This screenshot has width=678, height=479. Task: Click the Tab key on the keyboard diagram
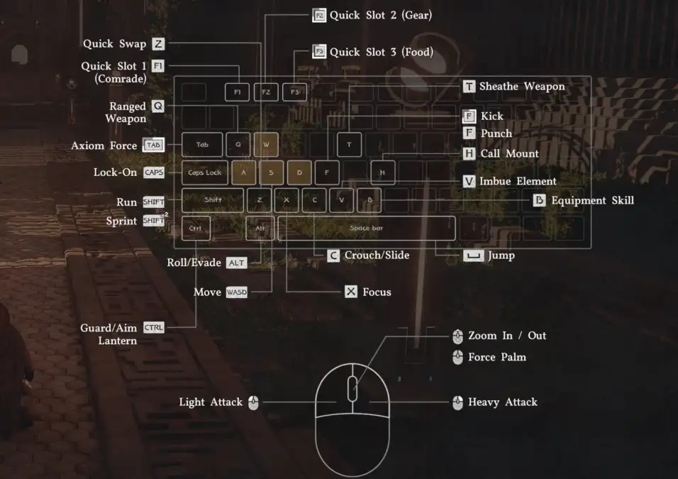[x=202, y=145]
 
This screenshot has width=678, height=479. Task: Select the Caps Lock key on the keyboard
[x=204, y=172]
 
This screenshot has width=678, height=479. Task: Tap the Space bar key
[x=366, y=229]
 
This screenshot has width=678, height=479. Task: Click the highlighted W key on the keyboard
[x=266, y=145]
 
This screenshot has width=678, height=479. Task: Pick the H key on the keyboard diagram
[x=382, y=172]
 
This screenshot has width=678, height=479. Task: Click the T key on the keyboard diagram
[x=349, y=145]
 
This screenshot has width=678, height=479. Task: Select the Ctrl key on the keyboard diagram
[x=196, y=229]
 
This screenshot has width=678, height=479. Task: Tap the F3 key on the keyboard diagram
[x=294, y=92]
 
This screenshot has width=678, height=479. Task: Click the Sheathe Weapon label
[x=522, y=87]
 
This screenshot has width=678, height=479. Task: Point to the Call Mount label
[x=509, y=153]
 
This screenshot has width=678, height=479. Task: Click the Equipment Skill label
[x=592, y=200]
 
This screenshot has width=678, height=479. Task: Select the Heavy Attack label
[x=502, y=402]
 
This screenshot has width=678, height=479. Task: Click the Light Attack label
[x=211, y=402]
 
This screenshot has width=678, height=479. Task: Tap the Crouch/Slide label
[x=377, y=255]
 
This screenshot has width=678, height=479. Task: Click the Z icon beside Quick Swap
[x=158, y=44]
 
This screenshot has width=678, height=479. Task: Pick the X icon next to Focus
[x=350, y=292]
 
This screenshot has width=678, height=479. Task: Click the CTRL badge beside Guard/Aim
[x=153, y=327]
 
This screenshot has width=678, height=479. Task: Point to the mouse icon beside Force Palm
[x=457, y=357]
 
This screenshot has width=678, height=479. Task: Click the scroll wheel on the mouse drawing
[x=352, y=388]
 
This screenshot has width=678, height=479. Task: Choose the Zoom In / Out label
[x=506, y=336]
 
